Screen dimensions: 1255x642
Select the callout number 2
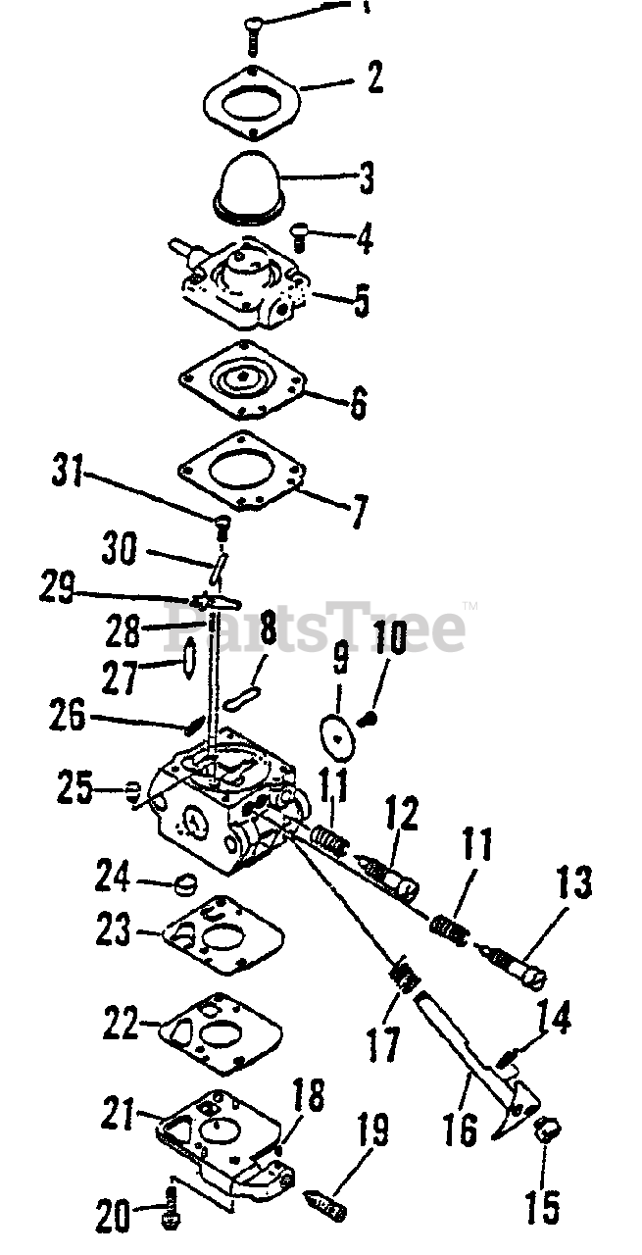373,76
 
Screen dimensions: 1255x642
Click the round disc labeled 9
337,731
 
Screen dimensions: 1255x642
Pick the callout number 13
573,885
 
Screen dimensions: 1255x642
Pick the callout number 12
401,816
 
